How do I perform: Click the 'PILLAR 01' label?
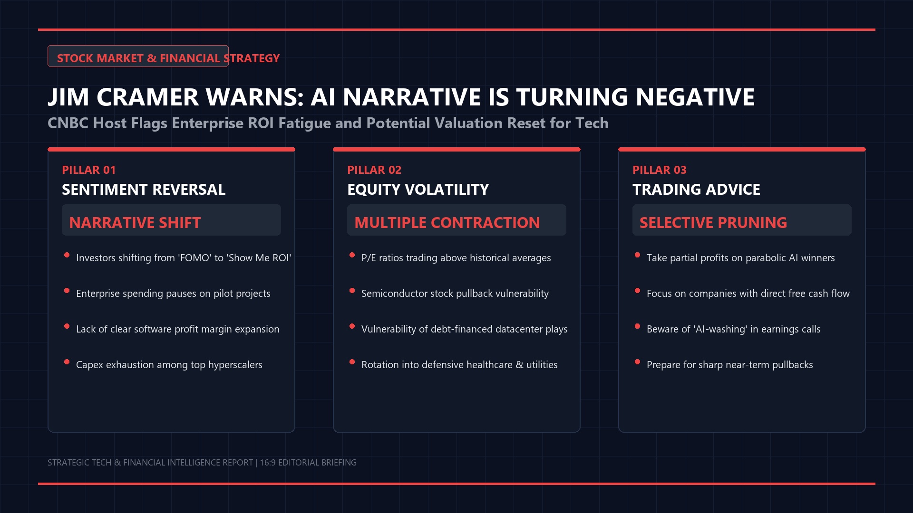click(89, 170)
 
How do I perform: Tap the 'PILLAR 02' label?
click(374, 170)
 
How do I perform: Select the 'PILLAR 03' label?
click(660, 170)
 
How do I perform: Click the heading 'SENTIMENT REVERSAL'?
click(144, 190)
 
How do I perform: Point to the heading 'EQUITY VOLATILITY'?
click(418, 190)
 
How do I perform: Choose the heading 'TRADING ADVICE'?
click(696, 190)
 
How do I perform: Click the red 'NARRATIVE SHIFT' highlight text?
click(135, 223)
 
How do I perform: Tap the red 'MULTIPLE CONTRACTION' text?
click(447, 223)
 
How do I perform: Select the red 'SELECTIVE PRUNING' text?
click(713, 223)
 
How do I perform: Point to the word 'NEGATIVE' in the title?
click(695, 97)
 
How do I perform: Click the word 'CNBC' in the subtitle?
click(68, 123)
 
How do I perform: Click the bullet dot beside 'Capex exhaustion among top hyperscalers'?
click(67, 362)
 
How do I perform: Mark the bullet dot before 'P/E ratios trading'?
click(352, 255)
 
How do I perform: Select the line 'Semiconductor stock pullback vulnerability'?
click(455, 294)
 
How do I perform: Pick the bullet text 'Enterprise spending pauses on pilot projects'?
click(173, 294)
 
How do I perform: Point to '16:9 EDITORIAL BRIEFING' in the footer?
click(308, 463)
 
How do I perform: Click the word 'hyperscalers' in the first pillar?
click(235, 365)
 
